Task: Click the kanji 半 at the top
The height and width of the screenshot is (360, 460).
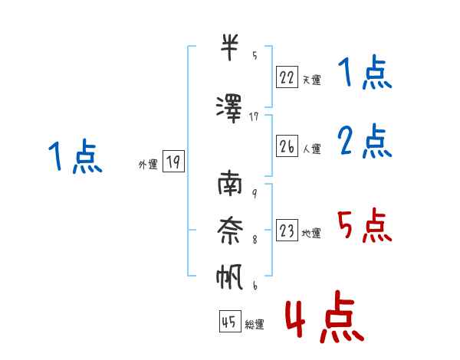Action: tap(229, 47)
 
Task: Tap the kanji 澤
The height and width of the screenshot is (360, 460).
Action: tap(229, 109)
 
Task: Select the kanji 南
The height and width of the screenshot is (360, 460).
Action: tap(230, 183)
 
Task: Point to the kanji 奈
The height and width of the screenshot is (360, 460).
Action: tap(230, 230)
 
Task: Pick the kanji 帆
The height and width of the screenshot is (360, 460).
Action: tap(229, 277)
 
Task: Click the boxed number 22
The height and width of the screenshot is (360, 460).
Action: tap(287, 77)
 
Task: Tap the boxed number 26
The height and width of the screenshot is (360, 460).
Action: tap(287, 146)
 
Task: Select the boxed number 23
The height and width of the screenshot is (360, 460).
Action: tap(287, 230)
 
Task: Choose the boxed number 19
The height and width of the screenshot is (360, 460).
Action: tap(173, 161)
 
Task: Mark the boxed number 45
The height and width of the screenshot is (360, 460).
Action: tap(230, 321)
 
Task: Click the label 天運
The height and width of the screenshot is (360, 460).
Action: tap(311, 80)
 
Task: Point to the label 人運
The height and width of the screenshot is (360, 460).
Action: tap(311, 149)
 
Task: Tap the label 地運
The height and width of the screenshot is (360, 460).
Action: tap(311, 233)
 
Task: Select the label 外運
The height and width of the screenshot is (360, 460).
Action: tap(148, 165)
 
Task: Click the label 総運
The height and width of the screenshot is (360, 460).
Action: tap(255, 324)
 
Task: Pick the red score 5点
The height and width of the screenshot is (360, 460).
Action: tap(364, 225)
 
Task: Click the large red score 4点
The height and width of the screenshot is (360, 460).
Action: tap(324, 316)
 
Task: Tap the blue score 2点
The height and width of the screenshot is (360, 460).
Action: tap(365, 141)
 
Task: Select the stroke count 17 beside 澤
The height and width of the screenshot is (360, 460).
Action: tap(254, 117)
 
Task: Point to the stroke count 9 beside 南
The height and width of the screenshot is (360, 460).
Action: tap(255, 194)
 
